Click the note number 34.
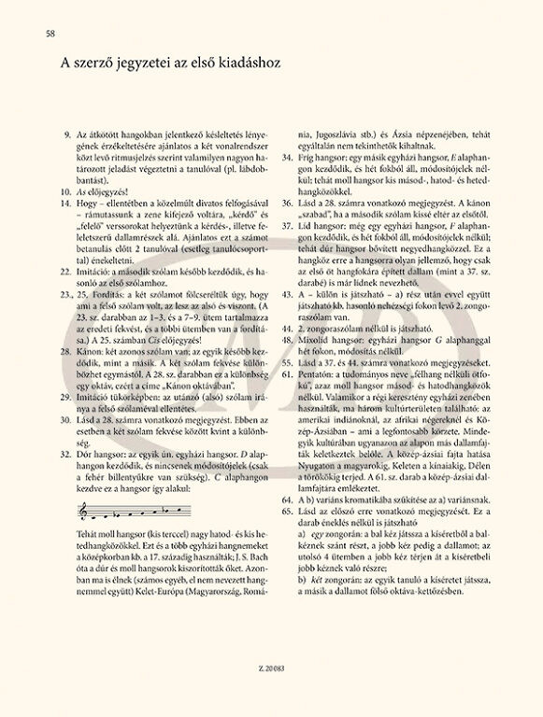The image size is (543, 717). click(285, 159)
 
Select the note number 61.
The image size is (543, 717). click(285, 372)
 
